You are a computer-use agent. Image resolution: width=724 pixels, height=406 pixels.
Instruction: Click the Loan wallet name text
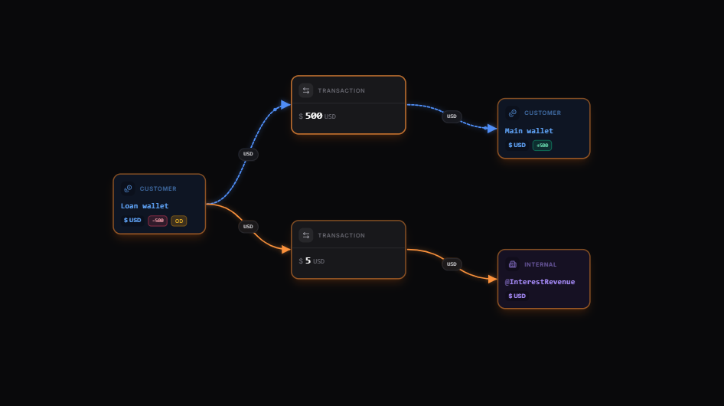(x=145, y=205)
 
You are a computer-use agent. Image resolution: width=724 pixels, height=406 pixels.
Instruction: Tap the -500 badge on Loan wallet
(x=158, y=221)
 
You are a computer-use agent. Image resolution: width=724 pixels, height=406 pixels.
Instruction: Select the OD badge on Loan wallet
(x=178, y=221)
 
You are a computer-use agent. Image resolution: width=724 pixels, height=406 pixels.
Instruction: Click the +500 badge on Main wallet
(x=542, y=146)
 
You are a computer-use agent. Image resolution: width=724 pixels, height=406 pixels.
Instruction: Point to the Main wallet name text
(x=529, y=131)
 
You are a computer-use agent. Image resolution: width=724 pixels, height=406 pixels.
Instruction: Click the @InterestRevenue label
(x=540, y=282)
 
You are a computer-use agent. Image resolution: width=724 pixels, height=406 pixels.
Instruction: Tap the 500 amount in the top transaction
(x=314, y=116)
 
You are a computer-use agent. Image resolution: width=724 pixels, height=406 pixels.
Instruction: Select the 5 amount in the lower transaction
(x=308, y=260)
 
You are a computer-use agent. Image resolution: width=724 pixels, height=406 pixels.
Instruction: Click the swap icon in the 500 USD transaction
(x=306, y=90)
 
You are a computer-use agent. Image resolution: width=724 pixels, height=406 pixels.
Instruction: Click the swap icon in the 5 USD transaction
(x=306, y=235)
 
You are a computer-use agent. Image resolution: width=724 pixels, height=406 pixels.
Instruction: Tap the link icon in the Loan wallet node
(x=128, y=188)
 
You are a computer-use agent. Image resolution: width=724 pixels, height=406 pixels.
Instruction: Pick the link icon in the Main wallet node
(x=513, y=113)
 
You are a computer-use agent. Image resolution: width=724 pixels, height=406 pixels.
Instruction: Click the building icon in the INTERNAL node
(x=513, y=264)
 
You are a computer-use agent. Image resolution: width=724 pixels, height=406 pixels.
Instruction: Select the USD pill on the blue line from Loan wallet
(x=248, y=154)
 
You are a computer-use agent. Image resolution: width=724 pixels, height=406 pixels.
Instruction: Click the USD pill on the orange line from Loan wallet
(x=248, y=227)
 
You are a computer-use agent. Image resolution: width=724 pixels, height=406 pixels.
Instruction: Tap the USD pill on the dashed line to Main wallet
(x=452, y=116)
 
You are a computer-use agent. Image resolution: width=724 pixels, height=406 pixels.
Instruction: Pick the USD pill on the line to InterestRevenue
(x=452, y=264)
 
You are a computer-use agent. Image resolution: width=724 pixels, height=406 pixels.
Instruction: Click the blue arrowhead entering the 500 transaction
(x=285, y=104)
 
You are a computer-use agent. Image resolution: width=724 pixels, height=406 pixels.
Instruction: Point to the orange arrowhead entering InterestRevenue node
(x=492, y=279)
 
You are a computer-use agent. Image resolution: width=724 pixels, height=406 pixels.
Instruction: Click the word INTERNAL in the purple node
(x=540, y=264)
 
